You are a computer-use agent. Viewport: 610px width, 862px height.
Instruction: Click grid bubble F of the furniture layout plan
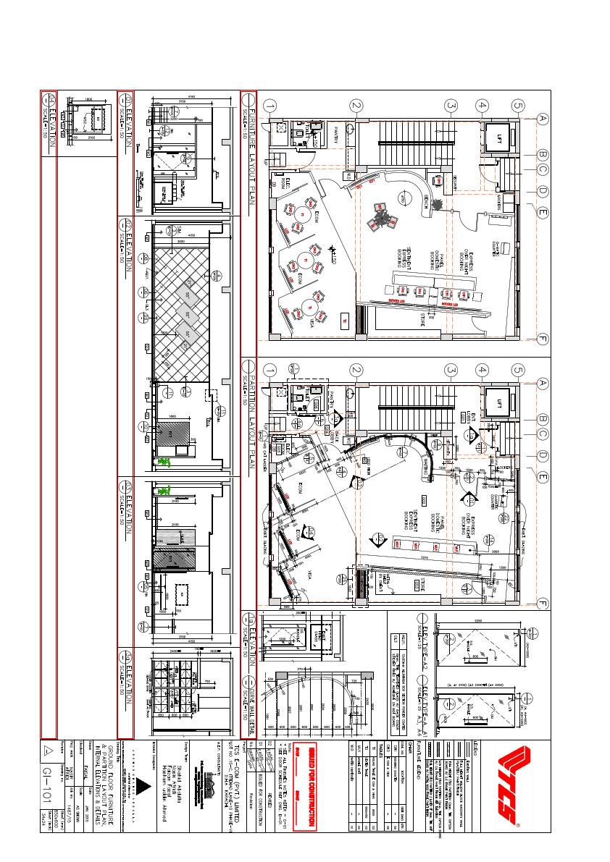pyautogui.click(x=543, y=338)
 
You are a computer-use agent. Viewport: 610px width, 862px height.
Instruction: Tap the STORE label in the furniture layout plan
pyautogui.click(x=422, y=318)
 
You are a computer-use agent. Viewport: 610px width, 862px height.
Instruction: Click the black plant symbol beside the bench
pyautogui.click(x=437, y=205)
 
